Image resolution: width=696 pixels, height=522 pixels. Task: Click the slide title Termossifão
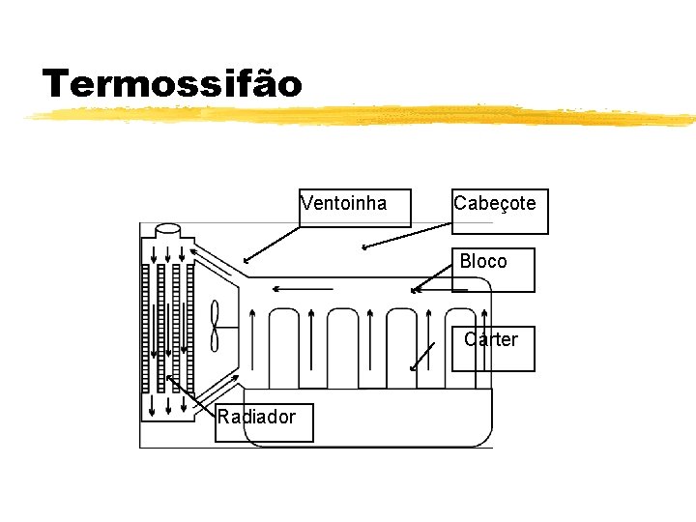pos(172,84)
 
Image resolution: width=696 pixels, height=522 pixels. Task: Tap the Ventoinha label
pos(344,204)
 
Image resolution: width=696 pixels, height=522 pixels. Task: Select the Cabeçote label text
pos(494,204)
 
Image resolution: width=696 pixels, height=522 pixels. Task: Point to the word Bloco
pos(483,262)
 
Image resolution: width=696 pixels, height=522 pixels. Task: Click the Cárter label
pos(491,340)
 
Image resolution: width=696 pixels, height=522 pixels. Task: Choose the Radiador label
pos(256,418)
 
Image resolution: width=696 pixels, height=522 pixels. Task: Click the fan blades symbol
pos(215,326)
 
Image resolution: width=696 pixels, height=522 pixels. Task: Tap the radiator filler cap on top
pos(166,231)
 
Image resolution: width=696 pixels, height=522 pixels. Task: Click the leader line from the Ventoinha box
pos(273,244)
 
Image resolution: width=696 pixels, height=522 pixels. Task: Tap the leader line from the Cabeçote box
pos(406,237)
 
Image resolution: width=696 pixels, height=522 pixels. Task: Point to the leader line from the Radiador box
pos(191,396)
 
